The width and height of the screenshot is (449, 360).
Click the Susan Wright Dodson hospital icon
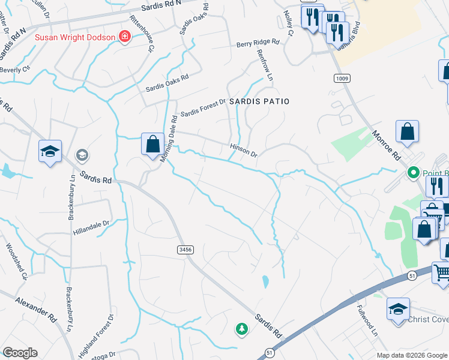click(124, 37)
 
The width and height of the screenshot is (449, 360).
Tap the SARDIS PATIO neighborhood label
click(259, 102)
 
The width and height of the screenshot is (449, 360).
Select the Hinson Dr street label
click(243, 150)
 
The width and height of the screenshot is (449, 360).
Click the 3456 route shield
click(185, 249)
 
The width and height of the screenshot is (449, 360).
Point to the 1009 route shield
click(342, 79)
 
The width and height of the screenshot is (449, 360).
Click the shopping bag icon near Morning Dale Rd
click(152, 143)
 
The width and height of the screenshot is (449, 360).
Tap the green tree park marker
click(241, 329)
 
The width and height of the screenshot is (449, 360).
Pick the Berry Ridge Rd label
click(258, 43)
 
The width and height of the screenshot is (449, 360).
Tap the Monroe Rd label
click(385, 145)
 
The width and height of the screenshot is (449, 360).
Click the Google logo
click(20, 353)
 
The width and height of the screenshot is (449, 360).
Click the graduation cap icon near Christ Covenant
click(398, 309)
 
